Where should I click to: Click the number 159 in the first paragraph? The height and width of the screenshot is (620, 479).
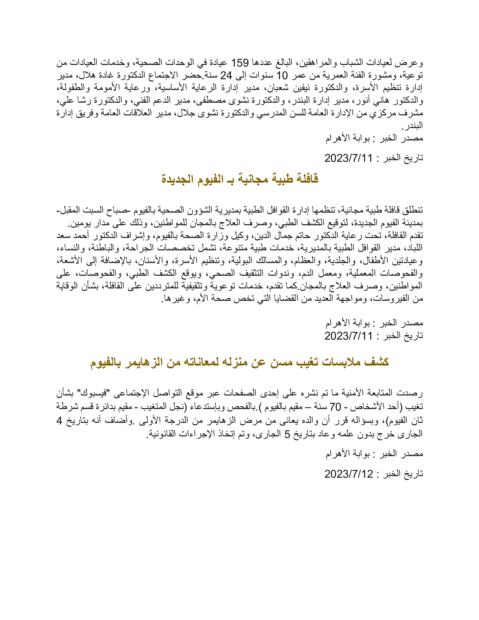tap(240, 63)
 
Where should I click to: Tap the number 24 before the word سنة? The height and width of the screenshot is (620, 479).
tap(226, 76)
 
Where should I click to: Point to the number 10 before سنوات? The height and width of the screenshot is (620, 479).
tap(282, 76)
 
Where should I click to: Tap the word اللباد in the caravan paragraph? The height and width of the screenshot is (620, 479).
tap(414, 248)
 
